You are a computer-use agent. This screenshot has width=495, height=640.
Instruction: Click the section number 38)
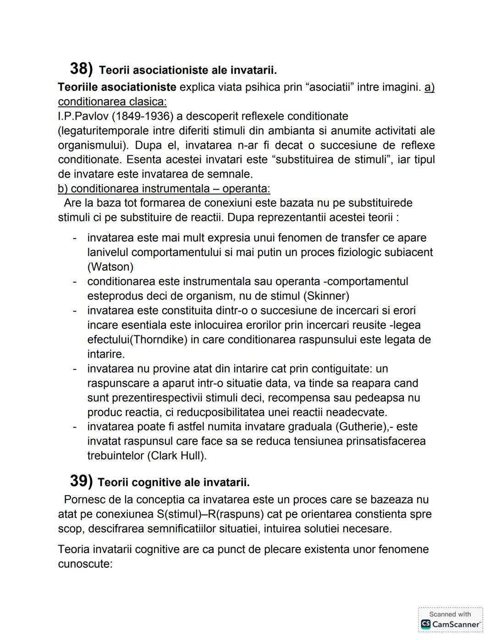[x=81, y=69]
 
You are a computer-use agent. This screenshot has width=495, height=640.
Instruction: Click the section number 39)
[x=81, y=481]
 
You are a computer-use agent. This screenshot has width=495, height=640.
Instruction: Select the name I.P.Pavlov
[x=83, y=116]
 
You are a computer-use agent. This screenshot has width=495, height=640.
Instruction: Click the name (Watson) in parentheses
[x=110, y=267]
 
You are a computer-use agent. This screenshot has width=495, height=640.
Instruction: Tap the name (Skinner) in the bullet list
[x=325, y=296]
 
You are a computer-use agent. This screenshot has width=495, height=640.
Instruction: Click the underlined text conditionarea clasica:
[x=112, y=102]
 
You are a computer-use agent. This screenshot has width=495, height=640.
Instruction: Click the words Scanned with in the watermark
[x=450, y=614]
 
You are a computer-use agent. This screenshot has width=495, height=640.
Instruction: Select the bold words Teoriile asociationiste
[x=117, y=87]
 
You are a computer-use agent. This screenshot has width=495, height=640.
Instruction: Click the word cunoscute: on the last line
[x=85, y=564]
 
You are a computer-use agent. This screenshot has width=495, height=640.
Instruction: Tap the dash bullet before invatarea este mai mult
[x=74, y=238]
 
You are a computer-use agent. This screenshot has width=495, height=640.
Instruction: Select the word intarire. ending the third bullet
[x=106, y=355]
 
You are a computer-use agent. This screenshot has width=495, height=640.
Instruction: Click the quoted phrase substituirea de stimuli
[x=321, y=160]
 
